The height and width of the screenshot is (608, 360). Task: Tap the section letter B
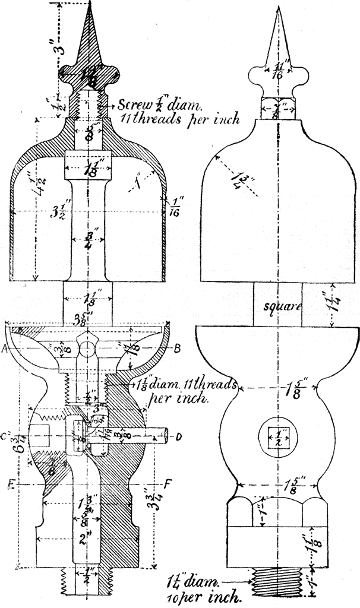[176, 350]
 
